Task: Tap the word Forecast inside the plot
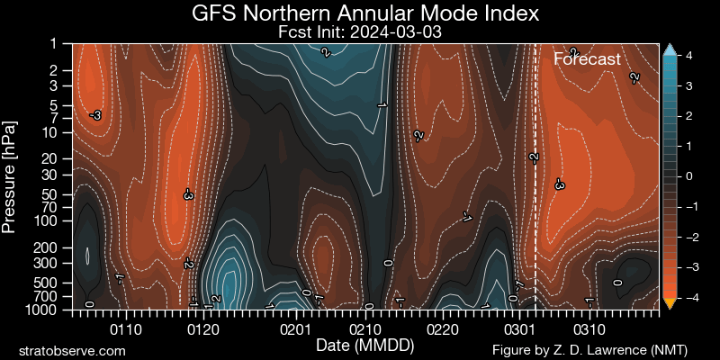[587, 59]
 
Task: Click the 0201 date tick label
[298, 329]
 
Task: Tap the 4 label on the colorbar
[689, 56]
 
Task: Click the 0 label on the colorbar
[689, 176]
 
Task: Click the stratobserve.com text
[72, 350]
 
